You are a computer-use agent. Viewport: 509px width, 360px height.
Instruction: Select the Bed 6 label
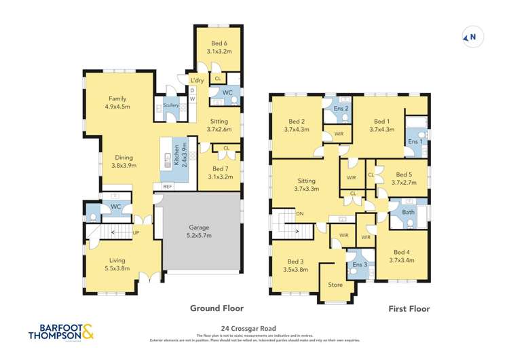coord(219,46)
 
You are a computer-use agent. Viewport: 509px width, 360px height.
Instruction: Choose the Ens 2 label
coord(341,109)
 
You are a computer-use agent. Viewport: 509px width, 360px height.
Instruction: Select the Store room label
coord(335,285)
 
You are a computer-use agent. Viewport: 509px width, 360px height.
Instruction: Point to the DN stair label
coord(300,213)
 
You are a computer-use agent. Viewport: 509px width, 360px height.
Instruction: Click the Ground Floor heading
coord(217,308)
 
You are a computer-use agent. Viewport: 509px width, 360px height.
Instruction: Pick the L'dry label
coord(197,80)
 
